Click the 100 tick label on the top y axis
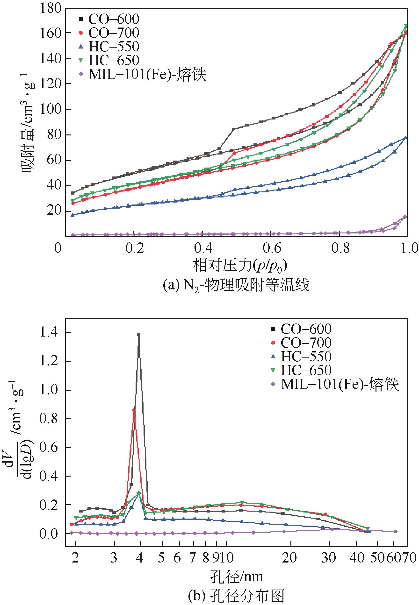(x=50, y=109)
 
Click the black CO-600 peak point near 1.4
(x=139, y=335)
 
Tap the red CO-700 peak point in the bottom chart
(x=134, y=410)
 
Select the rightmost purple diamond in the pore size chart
(x=396, y=531)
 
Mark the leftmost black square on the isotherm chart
(x=73, y=193)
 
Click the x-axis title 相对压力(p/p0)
(x=240, y=266)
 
